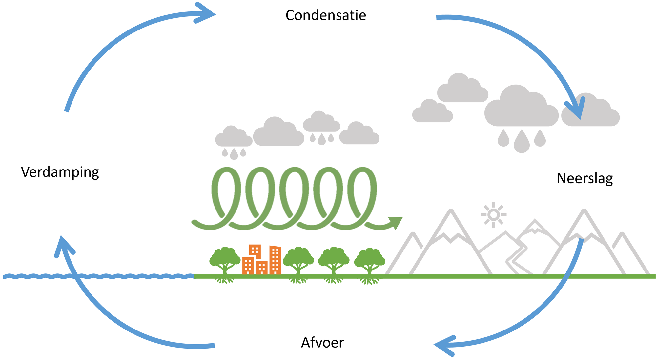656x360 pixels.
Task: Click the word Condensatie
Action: pyautogui.click(x=326, y=15)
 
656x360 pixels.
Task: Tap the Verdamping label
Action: pyautogui.click(x=60, y=172)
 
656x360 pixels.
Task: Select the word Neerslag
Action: pyautogui.click(x=585, y=178)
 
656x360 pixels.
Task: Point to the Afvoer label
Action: pyautogui.click(x=322, y=343)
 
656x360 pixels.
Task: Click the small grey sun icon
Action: pyautogui.click(x=494, y=215)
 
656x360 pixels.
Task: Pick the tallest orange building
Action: pyautogui.click(x=275, y=260)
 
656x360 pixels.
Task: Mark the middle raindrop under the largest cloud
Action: pyautogui.click(x=522, y=141)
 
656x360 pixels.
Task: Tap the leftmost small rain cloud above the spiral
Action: pyautogui.click(x=234, y=136)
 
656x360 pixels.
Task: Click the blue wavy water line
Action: pyautogui.click(x=98, y=276)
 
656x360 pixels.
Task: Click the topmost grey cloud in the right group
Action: pyautogui.click(x=462, y=88)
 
